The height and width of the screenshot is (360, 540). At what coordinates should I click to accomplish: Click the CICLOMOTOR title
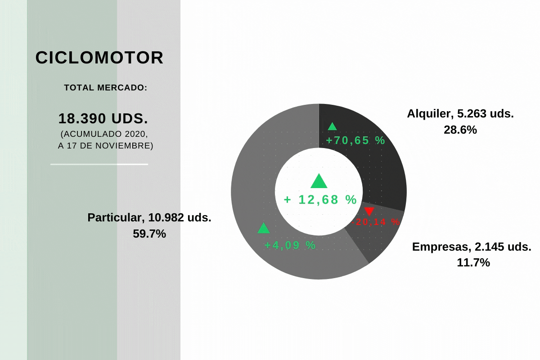tap(99, 58)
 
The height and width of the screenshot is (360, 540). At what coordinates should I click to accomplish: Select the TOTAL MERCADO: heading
tap(106, 88)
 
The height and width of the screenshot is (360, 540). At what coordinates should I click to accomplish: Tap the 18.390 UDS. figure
tap(103, 118)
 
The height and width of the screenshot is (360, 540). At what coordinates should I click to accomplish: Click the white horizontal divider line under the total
tap(99, 164)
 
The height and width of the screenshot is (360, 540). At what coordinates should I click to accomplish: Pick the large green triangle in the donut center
tap(319, 181)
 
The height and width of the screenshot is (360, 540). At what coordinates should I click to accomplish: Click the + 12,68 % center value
tap(320, 200)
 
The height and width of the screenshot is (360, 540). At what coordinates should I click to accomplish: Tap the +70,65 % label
tap(355, 140)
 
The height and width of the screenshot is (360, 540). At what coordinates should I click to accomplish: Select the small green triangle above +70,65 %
tap(332, 126)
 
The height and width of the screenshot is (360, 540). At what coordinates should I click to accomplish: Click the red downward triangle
tap(369, 211)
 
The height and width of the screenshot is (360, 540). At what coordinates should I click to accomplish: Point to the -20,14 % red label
tap(375, 222)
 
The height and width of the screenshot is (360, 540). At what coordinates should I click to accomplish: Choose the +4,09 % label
tap(290, 245)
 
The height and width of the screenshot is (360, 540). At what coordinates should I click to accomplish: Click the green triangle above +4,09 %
tap(264, 228)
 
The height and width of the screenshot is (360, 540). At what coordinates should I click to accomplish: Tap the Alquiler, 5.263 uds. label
tap(460, 113)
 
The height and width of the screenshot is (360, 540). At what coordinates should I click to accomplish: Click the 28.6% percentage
tap(460, 130)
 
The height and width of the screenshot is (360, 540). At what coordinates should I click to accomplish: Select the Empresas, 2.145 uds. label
tap(472, 247)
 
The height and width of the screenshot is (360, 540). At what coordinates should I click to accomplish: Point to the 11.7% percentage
tap(473, 262)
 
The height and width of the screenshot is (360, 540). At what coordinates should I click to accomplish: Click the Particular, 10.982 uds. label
tap(149, 217)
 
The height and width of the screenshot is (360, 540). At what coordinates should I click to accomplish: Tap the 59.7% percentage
tap(149, 234)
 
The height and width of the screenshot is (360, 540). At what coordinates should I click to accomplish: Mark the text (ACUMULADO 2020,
tap(104, 134)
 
